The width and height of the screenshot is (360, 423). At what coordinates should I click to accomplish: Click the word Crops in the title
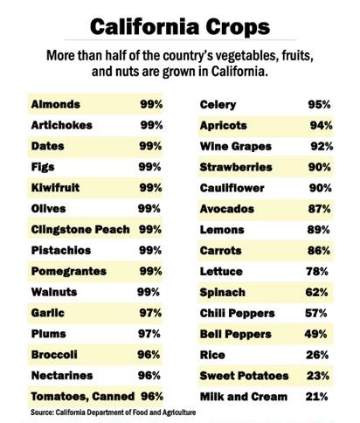[x=238, y=27]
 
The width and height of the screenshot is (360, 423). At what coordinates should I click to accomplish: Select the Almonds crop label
[x=55, y=104]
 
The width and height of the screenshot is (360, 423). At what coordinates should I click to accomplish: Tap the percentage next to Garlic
[x=150, y=313]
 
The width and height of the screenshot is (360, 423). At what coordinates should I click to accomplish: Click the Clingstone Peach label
[x=80, y=230]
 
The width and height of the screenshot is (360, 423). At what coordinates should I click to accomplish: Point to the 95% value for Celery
[x=319, y=105]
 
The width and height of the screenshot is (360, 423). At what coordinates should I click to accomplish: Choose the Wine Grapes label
[x=236, y=146]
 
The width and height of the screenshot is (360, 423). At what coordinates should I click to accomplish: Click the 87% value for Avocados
[x=320, y=209]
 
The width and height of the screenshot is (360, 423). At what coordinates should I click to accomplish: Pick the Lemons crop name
[x=222, y=230]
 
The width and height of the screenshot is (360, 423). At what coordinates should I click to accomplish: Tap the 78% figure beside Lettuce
[x=317, y=272]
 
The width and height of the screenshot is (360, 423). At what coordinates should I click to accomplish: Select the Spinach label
[x=223, y=293]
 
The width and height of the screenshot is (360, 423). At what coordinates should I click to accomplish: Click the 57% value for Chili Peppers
[x=316, y=313]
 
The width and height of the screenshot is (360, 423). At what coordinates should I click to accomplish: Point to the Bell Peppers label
[x=236, y=335]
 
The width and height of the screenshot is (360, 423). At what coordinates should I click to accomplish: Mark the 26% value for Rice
[x=317, y=355]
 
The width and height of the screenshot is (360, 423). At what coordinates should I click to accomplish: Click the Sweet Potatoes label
[x=244, y=376]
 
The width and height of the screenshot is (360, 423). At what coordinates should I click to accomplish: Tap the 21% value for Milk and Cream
[x=316, y=397]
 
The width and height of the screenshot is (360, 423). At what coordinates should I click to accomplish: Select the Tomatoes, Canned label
[x=83, y=397]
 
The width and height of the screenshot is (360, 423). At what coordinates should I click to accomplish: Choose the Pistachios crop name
[x=61, y=250]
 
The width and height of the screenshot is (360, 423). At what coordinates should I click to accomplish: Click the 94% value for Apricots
[x=321, y=126]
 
